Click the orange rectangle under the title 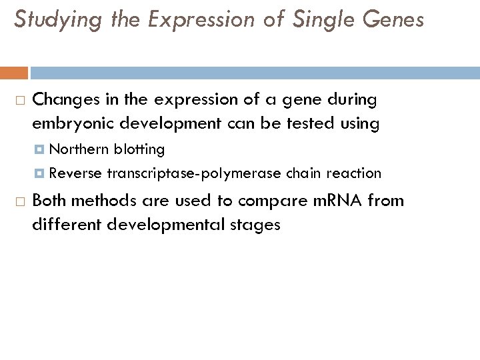tap(14, 73)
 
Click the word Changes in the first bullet tap(62, 100)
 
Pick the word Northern tap(79, 149)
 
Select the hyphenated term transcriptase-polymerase tap(193, 174)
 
